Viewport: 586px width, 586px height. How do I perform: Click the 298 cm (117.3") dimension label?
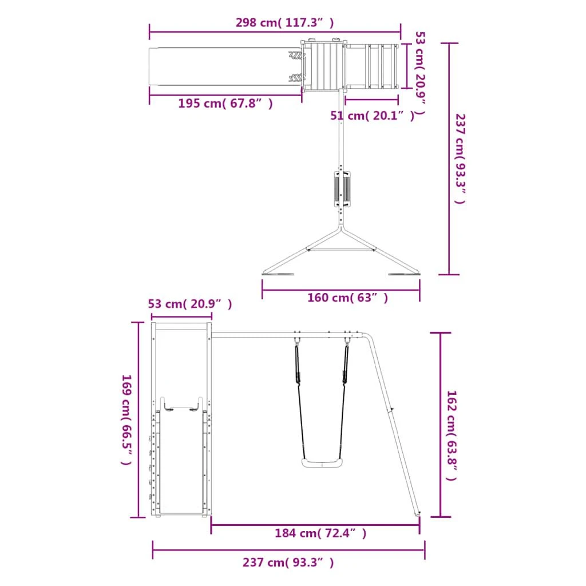click(x=284, y=23)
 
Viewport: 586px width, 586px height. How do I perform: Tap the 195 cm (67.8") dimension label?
click(x=225, y=103)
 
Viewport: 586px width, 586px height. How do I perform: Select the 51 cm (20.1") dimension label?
click(x=372, y=116)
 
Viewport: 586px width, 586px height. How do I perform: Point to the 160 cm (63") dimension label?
click(x=347, y=298)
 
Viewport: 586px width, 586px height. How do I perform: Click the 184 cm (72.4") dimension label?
click(x=320, y=533)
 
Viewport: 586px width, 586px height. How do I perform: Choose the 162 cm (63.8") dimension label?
click(x=452, y=435)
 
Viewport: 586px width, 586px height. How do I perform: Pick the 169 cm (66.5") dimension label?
click(x=126, y=419)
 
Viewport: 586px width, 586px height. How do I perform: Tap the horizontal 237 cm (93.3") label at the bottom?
click(x=288, y=563)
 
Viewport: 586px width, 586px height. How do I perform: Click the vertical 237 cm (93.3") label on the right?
click(x=460, y=159)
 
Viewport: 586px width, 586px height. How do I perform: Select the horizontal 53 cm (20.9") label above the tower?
click(x=190, y=304)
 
